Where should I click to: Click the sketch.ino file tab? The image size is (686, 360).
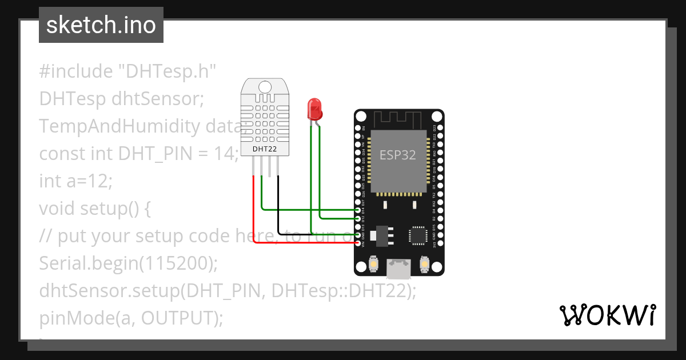pyautogui.click(x=101, y=25)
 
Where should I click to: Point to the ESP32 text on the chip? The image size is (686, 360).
pyautogui.click(x=398, y=154)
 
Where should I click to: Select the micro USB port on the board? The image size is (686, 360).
pyautogui.click(x=398, y=268)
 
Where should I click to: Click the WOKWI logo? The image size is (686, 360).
pyautogui.click(x=607, y=315)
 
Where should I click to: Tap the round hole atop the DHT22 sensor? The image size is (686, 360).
pyautogui.click(x=265, y=86)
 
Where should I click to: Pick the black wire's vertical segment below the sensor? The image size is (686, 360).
pyautogui.click(x=278, y=206)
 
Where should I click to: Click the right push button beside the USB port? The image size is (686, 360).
pyautogui.click(x=425, y=263)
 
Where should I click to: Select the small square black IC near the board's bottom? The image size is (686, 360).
pyautogui.click(x=418, y=235)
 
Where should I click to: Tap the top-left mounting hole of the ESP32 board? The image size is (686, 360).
pyautogui.click(x=361, y=117)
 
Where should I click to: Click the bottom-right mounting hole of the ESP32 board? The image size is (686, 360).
pyautogui.click(x=436, y=267)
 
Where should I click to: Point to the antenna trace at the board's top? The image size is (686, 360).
pyautogui.click(x=398, y=119)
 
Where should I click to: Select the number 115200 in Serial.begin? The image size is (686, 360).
pyautogui.click(x=174, y=263)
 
